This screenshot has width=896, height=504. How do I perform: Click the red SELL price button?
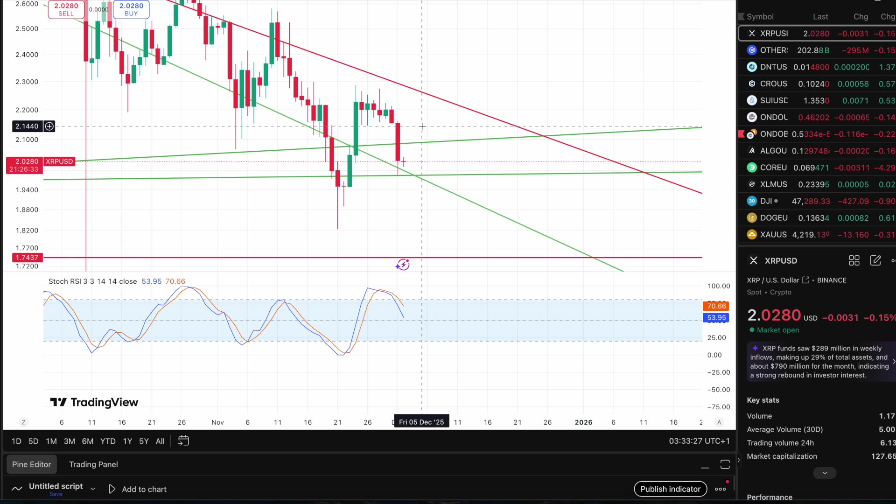66,9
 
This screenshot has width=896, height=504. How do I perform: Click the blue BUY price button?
131,9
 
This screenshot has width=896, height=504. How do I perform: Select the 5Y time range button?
144,441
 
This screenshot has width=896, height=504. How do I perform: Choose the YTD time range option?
108,441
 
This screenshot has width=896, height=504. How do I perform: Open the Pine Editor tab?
31,464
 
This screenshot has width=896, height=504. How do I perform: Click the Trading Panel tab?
93,464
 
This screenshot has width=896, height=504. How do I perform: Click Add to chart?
144,489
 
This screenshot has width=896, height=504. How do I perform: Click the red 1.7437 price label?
27,258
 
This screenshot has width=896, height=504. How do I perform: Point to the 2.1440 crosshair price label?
27,126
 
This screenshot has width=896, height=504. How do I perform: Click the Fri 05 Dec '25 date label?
421,422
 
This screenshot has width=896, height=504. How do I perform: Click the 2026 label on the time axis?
583,422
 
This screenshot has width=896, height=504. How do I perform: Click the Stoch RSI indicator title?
92,281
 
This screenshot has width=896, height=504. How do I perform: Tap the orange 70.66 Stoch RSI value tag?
716,306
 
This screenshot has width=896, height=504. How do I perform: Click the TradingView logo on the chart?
94,402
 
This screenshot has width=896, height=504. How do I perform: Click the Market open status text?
777,330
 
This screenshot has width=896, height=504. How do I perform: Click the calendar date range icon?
183,441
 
